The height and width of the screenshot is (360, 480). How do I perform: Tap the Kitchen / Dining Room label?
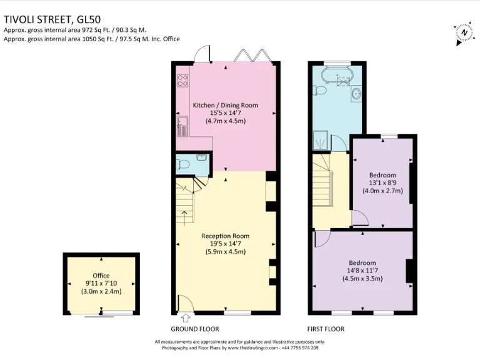(225, 112)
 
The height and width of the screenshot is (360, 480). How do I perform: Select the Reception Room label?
(225, 244)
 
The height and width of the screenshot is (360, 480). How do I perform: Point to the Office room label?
(101, 283)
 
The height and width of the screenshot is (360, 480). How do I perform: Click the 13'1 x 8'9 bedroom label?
(382, 182)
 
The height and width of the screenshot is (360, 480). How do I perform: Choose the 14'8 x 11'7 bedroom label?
(363, 270)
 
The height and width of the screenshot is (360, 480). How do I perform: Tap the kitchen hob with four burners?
(183, 80)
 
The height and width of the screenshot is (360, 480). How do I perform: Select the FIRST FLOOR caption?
(326, 329)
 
